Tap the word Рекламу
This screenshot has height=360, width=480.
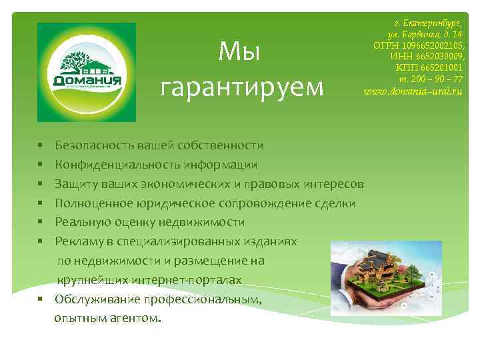(x=79, y=241)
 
